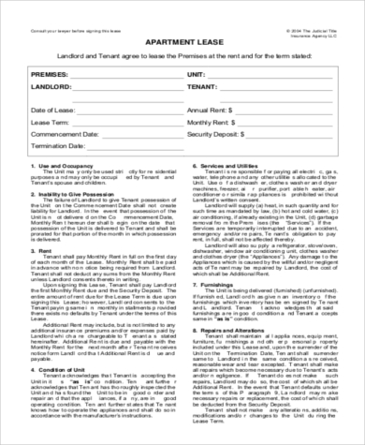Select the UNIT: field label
(x=197, y=72)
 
